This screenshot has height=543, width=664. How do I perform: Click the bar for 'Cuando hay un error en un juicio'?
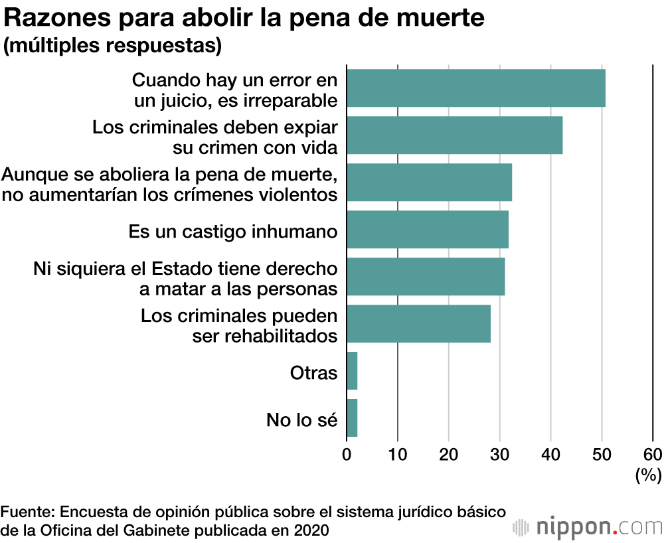pos(475,88)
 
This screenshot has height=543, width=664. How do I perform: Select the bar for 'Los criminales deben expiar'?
pos(454,135)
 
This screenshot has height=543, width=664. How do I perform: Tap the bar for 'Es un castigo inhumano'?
pos(427,229)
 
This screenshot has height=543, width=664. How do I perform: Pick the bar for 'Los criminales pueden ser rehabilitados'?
pos(418,323)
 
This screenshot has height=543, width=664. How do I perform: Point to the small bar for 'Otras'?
pos(352,370)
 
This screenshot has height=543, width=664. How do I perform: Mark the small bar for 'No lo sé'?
pos(352,418)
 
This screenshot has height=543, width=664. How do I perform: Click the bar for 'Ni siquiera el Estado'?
pos(426,276)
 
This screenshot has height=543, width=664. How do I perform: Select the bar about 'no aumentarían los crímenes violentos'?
pos(429,182)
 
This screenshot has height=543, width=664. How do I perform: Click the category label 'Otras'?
pos(313,372)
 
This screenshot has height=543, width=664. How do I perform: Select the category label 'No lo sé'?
pos(302,420)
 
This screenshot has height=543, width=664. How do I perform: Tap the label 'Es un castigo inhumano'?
pos(232,232)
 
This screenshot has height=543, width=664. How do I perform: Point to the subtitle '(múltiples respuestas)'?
pos(112,46)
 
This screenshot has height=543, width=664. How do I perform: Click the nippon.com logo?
pos(588,527)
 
